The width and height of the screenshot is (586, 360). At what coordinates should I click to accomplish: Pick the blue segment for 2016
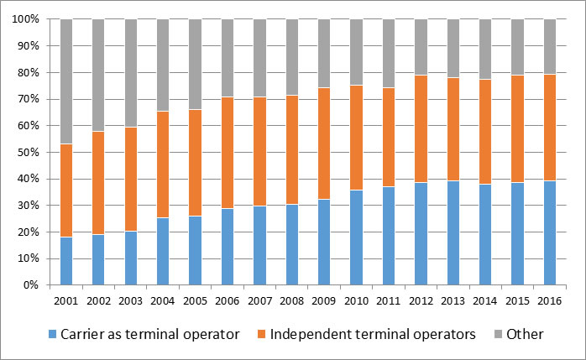(x=549, y=232)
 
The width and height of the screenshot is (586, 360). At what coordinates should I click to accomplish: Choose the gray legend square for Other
(x=497, y=335)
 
